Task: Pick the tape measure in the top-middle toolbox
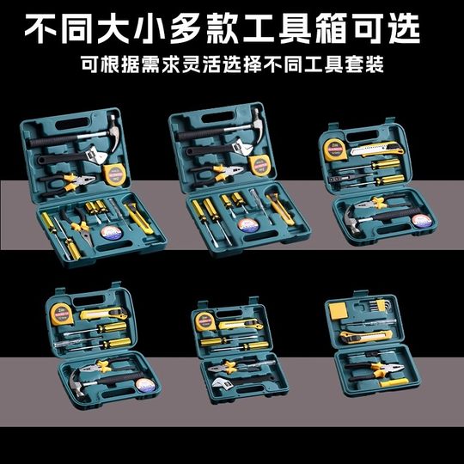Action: [264, 167]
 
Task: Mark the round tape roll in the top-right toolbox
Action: [420, 219]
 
